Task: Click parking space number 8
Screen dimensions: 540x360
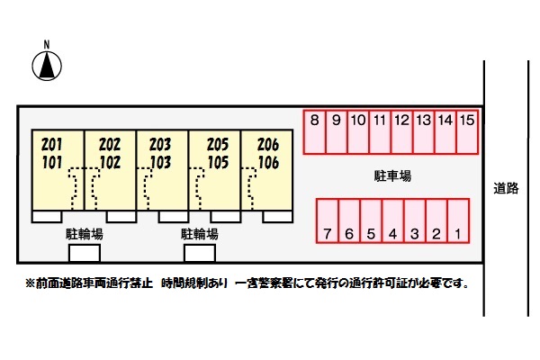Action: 314,132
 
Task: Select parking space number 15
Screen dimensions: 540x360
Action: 467,132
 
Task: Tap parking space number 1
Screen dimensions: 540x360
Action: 458,220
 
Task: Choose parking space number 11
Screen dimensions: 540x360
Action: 380,132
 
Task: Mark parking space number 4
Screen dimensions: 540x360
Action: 393,220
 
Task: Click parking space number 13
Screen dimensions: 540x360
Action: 424,132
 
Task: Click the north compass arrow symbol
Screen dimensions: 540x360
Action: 47,66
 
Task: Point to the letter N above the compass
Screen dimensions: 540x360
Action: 47,44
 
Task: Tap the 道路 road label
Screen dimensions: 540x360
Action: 506,188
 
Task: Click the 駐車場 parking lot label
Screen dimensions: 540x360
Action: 392,176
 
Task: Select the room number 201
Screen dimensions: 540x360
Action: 52,145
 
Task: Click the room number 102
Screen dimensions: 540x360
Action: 110,163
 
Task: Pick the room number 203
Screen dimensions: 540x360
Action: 160,145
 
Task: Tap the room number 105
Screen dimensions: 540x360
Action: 218,163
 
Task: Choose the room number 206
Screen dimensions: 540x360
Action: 268,145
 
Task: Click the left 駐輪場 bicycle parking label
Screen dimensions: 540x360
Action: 85,234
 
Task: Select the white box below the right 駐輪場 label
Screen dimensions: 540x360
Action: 200,253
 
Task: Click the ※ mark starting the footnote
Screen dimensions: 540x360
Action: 31,283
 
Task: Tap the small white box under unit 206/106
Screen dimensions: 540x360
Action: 277,217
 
